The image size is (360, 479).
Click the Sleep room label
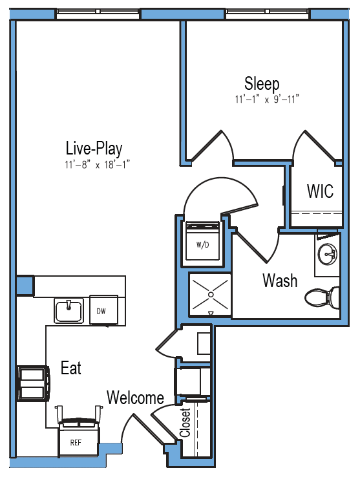pyautogui.click(x=262, y=83)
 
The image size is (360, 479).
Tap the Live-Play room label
pyautogui.click(x=94, y=149)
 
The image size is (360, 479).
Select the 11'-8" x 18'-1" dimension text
pyautogui.click(x=97, y=165)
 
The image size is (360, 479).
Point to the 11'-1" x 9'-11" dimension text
pyautogui.click(x=267, y=100)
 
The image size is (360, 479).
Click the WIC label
pyautogui.click(x=320, y=191)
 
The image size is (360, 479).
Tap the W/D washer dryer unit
pyautogui.click(x=203, y=241)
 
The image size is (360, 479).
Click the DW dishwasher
pyautogui.click(x=103, y=310)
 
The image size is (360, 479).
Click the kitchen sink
pyautogui.click(x=69, y=310)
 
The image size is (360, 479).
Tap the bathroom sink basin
pyautogui.click(x=327, y=253)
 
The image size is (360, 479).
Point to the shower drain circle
pyautogui.click(x=211, y=295)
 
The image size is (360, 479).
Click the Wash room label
pyautogui.click(x=280, y=281)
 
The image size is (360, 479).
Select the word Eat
pyautogui.click(x=71, y=368)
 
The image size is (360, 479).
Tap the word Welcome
pyautogui.click(x=135, y=398)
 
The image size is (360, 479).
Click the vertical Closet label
pyautogui.click(x=185, y=423)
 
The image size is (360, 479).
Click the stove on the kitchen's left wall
pyautogui.click(x=33, y=383)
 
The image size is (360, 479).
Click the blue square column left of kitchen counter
pyautogui.click(x=25, y=286)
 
